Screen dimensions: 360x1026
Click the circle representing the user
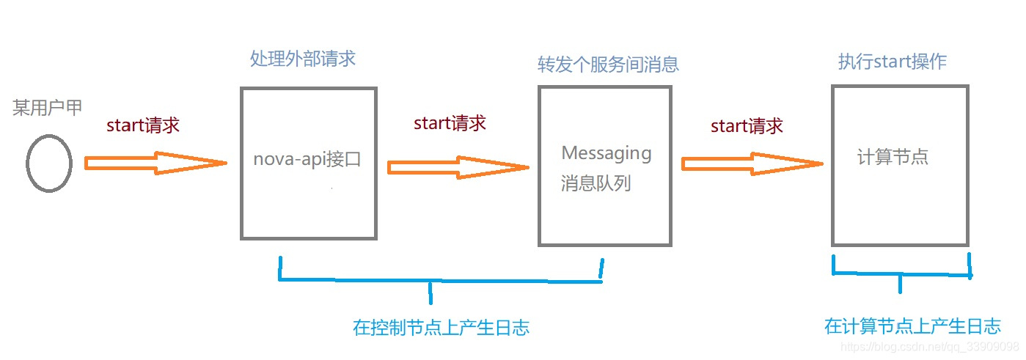click(x=49, y=164)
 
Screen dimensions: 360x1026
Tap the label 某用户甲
click(x=48, y=109)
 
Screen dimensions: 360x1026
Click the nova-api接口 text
click(x=307, y=159)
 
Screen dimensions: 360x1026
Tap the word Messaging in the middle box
click(x=606, y=153)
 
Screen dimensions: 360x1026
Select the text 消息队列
click(x=596, y=183)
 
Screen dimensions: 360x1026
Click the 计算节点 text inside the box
click(x=893, y=157)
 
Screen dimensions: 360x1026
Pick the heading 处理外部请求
click(x=302, y=59)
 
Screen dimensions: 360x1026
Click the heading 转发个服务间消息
click(x=608, y=64)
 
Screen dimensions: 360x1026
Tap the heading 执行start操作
click(x=892, y=62)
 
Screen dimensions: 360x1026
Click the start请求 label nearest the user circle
click(x=143, y=125)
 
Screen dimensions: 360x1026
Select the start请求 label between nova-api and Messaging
click(x=450, y=122)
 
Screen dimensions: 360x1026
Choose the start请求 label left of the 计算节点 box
click(x=747, y=125)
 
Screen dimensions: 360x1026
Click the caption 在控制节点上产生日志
click(x=441, y=328)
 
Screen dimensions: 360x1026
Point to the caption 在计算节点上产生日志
click(x=912, y=326)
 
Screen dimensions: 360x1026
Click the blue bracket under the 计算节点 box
click(x=901, y=273)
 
